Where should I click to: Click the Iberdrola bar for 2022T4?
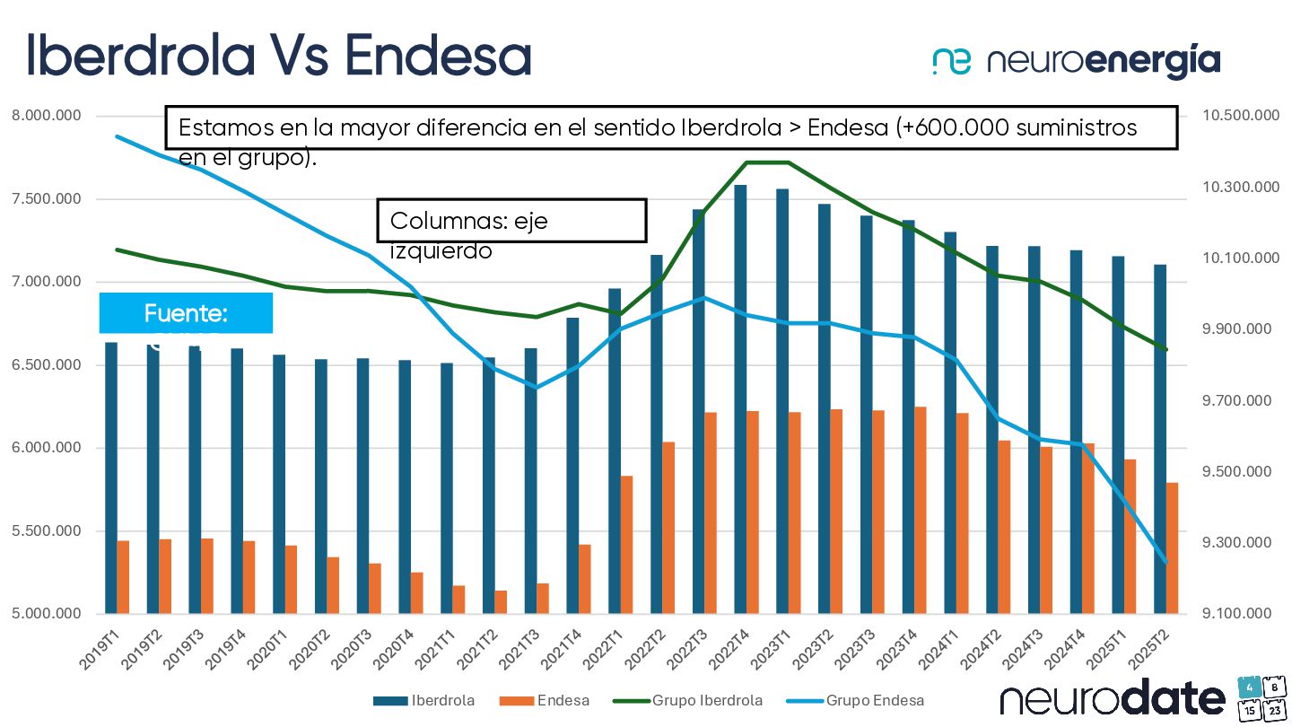tap(740, 399)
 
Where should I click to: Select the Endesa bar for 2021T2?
tap(501, 602)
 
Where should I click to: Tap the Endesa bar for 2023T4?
tap(921, 510)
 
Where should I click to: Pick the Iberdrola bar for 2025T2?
tap(1160, 439)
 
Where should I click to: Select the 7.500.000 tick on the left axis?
tap(44, 199)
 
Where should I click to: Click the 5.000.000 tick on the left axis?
tap(44, 614)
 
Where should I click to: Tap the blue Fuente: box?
tap(186, 313)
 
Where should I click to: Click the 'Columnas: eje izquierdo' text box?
tap(511, 221)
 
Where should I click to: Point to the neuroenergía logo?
tap(1076, 61)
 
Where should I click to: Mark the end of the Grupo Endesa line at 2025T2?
tap(1166, 563)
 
